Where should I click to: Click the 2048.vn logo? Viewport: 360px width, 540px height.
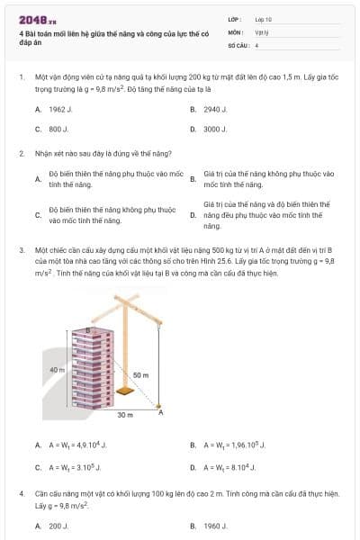pyautogui.click(x=37, y=18)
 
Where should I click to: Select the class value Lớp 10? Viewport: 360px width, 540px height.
pyautogui.click(x=264, y=18)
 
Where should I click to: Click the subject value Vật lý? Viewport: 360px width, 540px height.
pyautogui.click(x=262, y=31)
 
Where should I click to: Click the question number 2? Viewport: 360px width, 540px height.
pyautogui.click(x=21, y=153)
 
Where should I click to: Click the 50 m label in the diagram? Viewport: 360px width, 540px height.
pyautogui.click(x=141, y=374)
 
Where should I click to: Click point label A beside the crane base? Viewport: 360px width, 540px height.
pyautogui.click(x=161, y=412)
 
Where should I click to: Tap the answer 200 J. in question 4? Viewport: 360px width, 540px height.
pyautogui.click(x=58, y=526)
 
